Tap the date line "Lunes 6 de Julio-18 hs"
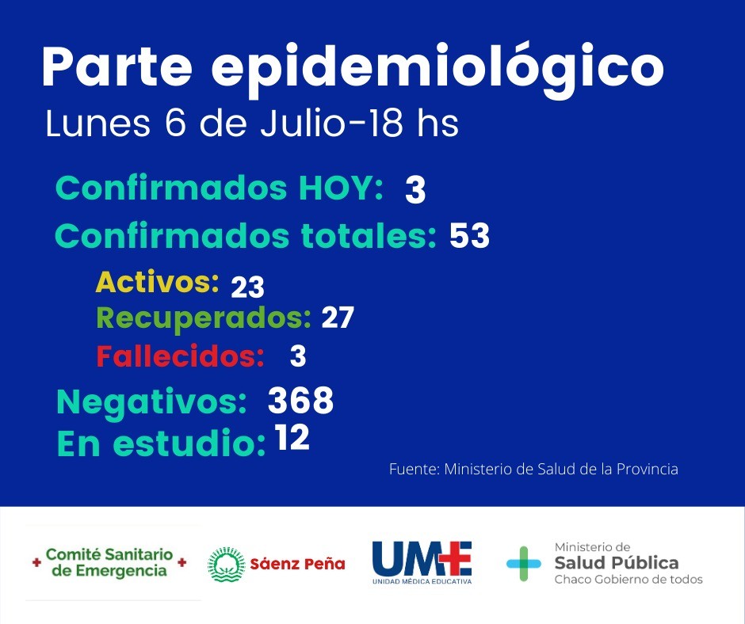[252, 124]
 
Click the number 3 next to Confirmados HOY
[415, 192]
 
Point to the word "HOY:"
[340, 188]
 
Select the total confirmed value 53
[469, 236]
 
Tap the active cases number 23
[247, 287]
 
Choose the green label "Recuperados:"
[203, 318]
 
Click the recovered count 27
[337, 318]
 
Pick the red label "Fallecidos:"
[180, 356]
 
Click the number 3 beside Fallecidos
[298, 356]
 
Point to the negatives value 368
[300, 401]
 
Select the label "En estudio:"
[161, 444]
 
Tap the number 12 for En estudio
[292, 438]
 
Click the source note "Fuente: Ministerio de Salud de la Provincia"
[533, 469]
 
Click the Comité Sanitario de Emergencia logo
[109, 562]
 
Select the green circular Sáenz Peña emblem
[226, 565]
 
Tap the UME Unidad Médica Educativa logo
[422, 563]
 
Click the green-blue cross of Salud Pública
[524, 563]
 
